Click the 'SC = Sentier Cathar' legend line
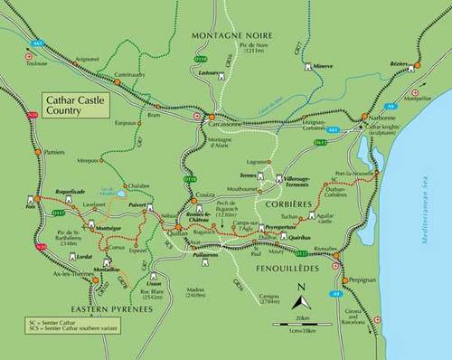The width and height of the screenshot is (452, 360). [x=47, y=321]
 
